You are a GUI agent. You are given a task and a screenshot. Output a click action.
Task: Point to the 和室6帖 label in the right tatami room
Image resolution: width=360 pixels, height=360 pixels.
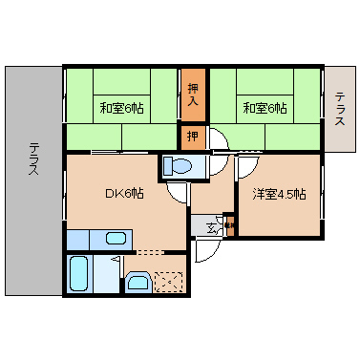(x=264, y=108)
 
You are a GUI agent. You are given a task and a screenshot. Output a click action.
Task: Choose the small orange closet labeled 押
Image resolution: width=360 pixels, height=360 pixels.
(x=192, y=136)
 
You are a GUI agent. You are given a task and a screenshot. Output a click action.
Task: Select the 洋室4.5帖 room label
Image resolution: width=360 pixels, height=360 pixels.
(x=279, y=195)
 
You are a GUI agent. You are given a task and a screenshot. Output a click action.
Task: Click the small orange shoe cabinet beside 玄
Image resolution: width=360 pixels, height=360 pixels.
(x=229, y=225)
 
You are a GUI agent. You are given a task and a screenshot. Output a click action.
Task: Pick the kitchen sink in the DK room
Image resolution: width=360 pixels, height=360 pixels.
(x=115, y=239)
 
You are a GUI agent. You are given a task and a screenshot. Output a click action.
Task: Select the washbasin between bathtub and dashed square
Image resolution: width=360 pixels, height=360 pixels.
(x=137, y=281)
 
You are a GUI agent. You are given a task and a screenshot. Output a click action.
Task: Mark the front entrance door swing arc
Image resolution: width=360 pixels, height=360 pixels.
(x=204, y=250)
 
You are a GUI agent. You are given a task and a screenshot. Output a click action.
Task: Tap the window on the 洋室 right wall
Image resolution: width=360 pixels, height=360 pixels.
(x=323, y=196)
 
